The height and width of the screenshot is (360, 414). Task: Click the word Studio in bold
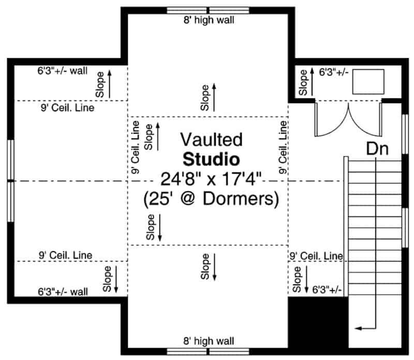coord(211,159)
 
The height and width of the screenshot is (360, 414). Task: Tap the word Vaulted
coord(211,139)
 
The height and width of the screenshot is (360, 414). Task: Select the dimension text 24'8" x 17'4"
coord(211,179)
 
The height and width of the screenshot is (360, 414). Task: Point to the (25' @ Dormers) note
coord(211,198)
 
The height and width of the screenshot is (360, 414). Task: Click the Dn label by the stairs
coord(378,149)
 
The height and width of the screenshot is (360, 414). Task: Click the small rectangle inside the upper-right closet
coord(368,81)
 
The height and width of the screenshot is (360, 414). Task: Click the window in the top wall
coord(208,10)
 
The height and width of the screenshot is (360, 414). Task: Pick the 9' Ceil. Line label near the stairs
coord(316,255)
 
